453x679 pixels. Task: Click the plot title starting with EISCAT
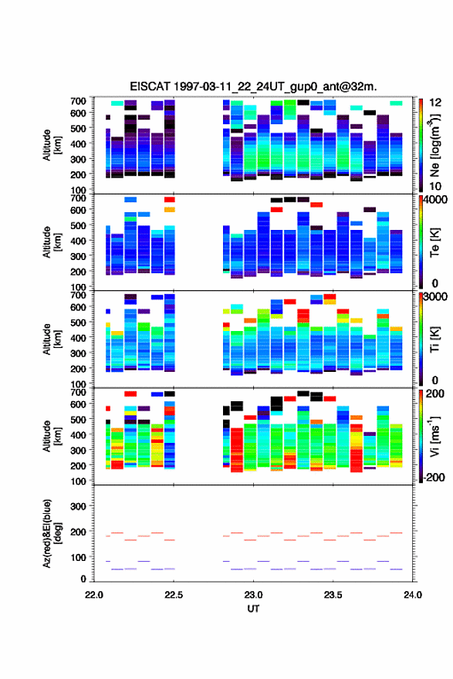tap(253, 86)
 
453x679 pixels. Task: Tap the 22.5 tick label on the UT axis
tap(174, 595)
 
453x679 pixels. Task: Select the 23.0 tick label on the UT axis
tap(253, 595)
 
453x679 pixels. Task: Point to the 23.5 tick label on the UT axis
tap(333, 595)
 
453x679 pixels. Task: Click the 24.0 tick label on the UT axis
tap(413, 595)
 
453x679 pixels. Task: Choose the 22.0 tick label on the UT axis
tap(94, 595)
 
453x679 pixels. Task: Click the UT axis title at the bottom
tap(253, 609)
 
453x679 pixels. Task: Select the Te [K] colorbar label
tap(434, 242)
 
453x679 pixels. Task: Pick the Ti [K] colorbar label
tap(434, 339)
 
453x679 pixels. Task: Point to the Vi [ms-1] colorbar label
tap(434, 436)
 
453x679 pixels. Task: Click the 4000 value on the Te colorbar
tap(435, 201)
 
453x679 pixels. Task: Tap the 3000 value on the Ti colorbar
tap(435, 297)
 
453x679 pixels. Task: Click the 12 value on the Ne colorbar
tap(435, 103)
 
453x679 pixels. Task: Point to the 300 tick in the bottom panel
tap(79, 506)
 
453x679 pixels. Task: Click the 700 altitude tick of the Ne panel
tap(79, 101)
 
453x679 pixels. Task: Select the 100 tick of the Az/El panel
tap(79, 557)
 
